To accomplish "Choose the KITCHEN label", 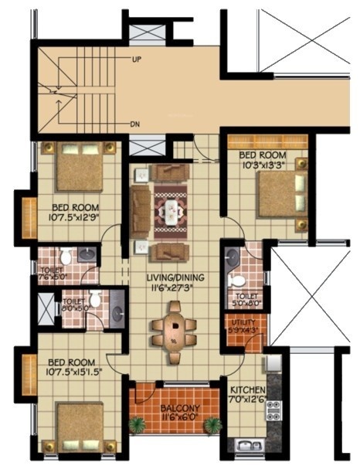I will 248,389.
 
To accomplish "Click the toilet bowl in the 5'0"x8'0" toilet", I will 239,280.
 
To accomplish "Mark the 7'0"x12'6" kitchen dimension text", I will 248,400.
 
